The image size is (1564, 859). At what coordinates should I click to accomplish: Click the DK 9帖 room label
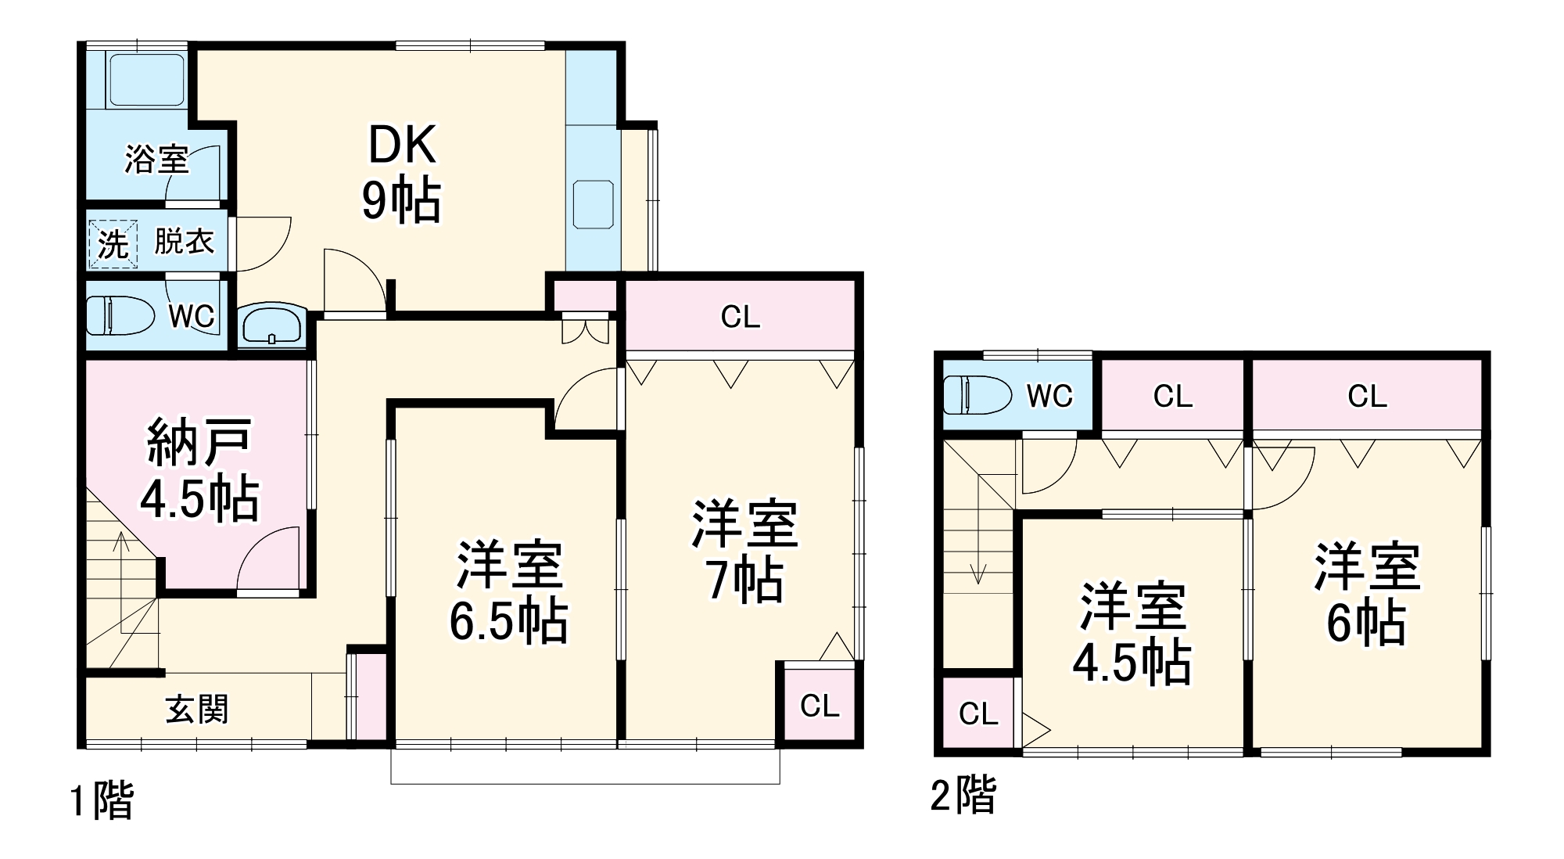[x=401, y=174]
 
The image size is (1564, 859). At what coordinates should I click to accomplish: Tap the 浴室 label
[x=156, y=160]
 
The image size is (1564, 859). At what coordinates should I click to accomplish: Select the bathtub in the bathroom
[x=146, y=80]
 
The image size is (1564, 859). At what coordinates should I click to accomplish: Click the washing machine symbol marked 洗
[x=113, y=244]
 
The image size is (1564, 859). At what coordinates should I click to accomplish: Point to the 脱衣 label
[x=184, y=241]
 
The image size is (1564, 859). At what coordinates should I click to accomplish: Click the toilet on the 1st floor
[x=117, y=314]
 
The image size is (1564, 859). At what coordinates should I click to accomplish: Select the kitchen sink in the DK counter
[x=594, y=204]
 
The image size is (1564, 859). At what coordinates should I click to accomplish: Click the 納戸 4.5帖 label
[x=199, y=470]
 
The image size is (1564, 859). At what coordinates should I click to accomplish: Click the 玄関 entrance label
[x=197, y=710]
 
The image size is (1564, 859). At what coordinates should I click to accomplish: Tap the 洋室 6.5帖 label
[x=508, y=591]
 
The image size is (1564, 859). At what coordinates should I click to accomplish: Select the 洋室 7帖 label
[x=743, y=552]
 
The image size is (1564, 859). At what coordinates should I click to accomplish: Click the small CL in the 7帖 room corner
[x=820, y=706]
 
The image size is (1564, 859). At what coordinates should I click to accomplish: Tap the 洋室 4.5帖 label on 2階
[x=1132, y=634]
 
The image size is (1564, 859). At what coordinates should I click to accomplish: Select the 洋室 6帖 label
[x=1366, y=595]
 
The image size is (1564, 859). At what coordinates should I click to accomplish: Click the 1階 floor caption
[x=102, y=801]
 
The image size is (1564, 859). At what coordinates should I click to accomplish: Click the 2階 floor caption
[x=963, y=796]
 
